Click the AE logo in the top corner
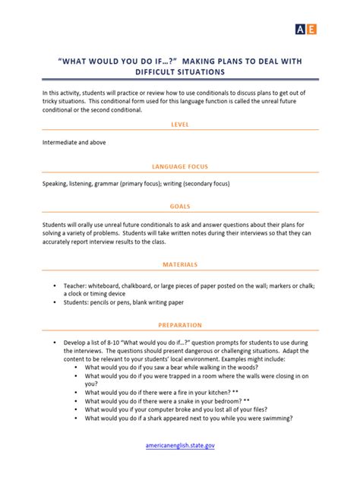click(x=305, y=29)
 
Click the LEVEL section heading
click(x=180, y=124)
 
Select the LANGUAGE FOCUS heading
click(x=180, y=166)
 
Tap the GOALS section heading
click(x=180, y=206)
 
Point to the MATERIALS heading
click(x=180, y=264)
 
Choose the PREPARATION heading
click(x=180, y=325)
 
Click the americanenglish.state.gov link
click(x=180, y=446)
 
